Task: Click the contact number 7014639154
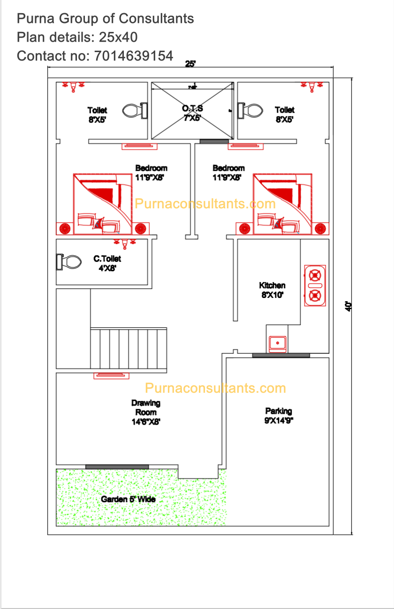point(134,56)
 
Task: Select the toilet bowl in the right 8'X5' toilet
point(250,111)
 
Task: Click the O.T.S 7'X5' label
point(192,114)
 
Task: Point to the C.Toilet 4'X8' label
point(107,263)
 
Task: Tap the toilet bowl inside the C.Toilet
point(68,262)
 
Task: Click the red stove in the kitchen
point(315,285)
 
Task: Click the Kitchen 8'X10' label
point(272,290)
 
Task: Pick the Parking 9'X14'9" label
point(279,416)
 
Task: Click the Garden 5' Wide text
point(128,499)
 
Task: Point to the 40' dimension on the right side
point(348,306)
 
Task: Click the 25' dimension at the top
point(190,64)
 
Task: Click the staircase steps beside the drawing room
point(129,349)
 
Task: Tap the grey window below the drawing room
point(117,466)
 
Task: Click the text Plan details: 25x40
point(77,37)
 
